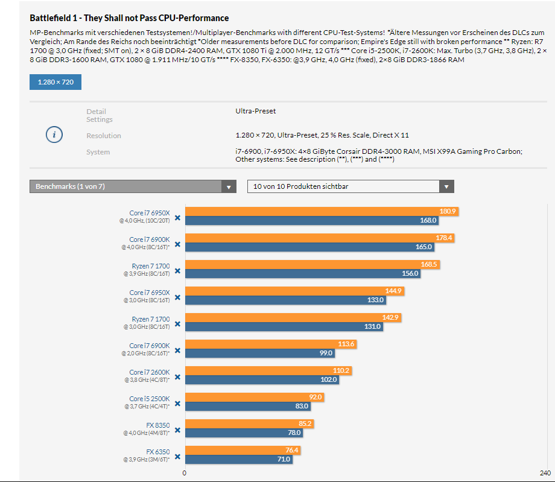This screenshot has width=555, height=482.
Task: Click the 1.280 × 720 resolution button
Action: pyautogui.click(x=55, y=82)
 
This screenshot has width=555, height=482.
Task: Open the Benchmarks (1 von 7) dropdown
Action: pyautogui.click(x=132, y=186)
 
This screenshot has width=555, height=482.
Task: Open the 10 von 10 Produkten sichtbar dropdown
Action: pyautogui.click(x=350, y=186)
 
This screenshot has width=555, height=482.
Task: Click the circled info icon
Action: pyautogui.click(x=54, y=135)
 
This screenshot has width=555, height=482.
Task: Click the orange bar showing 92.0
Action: pyautogui.click(x=254, y=398)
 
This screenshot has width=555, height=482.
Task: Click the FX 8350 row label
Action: pyautogui.click(x=158, y=425)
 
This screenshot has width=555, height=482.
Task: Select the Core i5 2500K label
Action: pyautogui.click(x=150, y=399)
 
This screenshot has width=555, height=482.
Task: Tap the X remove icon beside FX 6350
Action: pyautogui.click(x=177, y=457)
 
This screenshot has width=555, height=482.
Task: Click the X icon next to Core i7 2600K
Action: pyautogui.click(x=177, y=377)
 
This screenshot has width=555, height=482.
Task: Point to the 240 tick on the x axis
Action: pyautogui.click(x=545, y=473)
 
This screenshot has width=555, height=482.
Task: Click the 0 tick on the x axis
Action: pyautogui.click(x=185, y=473)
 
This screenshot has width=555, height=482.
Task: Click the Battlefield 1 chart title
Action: pyautogui.click(x=129, y=19)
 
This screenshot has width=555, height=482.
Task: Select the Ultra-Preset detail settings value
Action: pyautogui.click(x=256, y=112)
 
